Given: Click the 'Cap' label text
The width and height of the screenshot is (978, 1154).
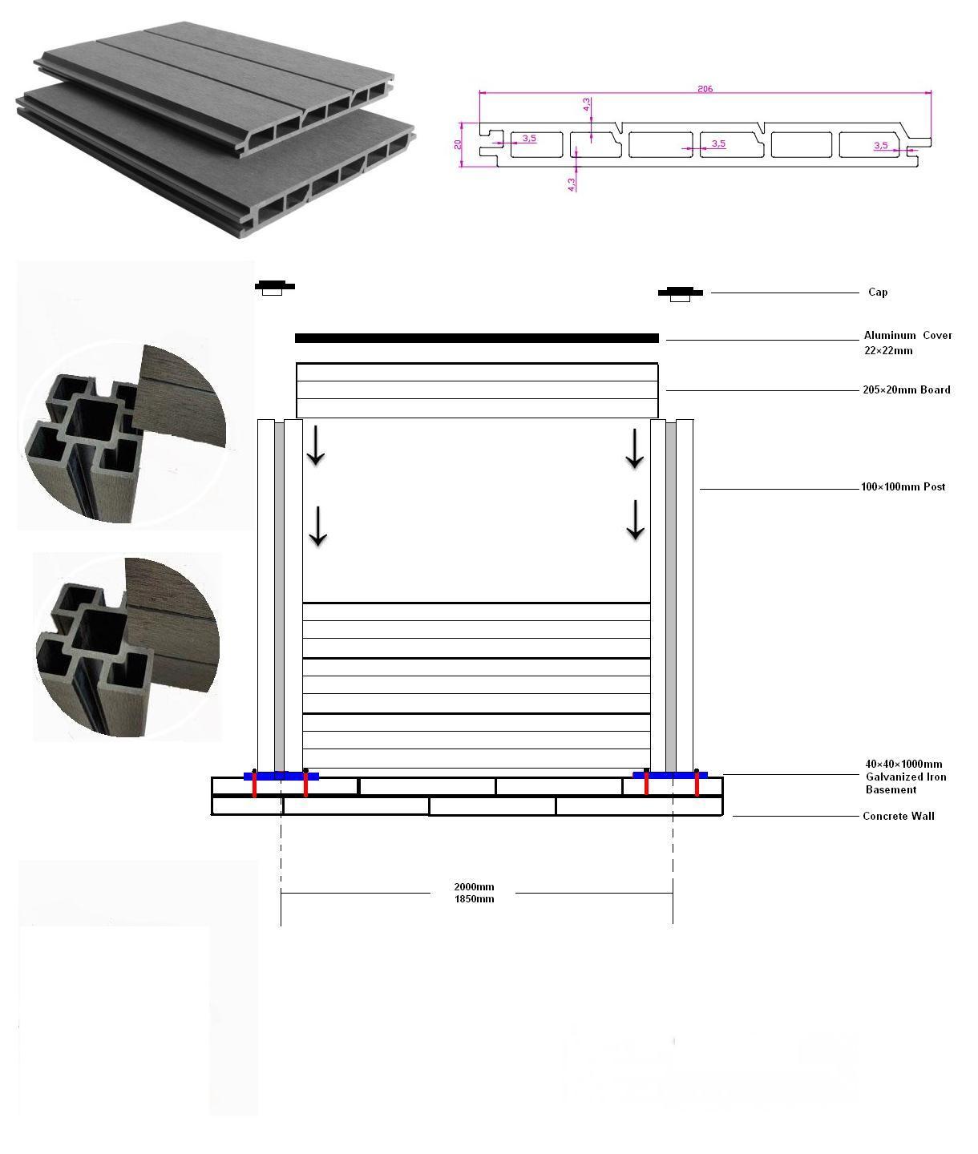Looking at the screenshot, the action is pos(878,292).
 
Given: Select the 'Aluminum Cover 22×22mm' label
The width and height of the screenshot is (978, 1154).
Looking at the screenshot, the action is pos(907,343).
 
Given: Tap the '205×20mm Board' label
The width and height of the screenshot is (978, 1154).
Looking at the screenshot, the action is pos(906,389).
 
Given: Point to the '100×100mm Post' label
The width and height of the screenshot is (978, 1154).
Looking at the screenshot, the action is pos(903,486).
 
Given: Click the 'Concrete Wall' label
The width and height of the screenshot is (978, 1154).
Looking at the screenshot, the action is pos(898,816).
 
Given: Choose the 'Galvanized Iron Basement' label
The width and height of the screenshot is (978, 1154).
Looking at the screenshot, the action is pos(905,783).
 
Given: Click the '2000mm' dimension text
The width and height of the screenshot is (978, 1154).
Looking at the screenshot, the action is pos(474,886).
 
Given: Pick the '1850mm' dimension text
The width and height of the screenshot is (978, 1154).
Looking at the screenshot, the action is pos(474,899).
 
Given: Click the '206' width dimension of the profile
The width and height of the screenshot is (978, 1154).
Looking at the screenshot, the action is pos(705,89).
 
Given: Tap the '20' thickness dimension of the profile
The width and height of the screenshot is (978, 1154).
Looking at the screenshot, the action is pos(458,144).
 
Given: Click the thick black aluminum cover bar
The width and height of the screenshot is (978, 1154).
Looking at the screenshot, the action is pos(476,337).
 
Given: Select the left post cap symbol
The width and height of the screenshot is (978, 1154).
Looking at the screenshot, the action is pos(274,288).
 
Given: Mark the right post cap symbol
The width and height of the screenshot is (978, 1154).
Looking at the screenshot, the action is pos(680,293).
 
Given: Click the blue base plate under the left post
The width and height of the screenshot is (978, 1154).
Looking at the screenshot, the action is pos(281,776).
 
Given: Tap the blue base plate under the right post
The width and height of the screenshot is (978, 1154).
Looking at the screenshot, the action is pos(669,775).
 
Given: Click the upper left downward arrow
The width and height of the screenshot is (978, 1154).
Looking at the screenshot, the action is pos(316,445).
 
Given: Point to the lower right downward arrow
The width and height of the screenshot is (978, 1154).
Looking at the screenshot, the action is pos(635,520).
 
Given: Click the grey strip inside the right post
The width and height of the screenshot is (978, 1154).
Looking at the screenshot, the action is pos(671,597).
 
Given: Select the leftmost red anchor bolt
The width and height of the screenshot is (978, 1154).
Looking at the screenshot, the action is pos(255,784).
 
